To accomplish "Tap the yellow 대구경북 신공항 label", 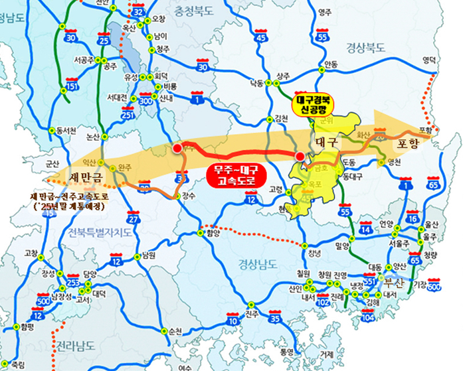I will pos(314,104).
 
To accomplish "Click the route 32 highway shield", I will pos(138,11).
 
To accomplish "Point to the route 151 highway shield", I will pos(72,87).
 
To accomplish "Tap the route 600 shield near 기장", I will pos(434,286).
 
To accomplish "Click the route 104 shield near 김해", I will pos(367,317).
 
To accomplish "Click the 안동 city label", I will pos(330,64).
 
